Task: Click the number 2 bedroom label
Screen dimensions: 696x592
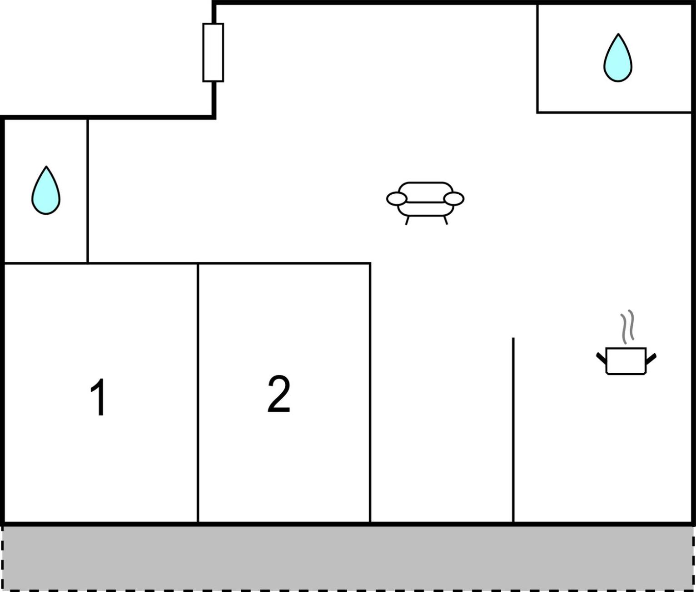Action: pyautogui.click(x=279, y=394)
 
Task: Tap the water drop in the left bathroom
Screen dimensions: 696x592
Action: pyautogui.click(x=46, y=190)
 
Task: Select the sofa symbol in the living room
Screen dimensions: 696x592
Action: pyautogui.click(x=426, y=203)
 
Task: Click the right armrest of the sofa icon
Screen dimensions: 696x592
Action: pyautogui.click(x=454, y=199)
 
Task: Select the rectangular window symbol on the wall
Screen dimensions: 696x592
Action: pyautogui.click(x=213, y=52)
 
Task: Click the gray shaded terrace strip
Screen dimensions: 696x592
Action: pyautogui.click(x=348, y=557)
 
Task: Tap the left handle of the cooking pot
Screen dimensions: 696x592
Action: pyautogui.click(x=602, y=358)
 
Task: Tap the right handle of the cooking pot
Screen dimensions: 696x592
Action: pyautogui.click(x=651, y=359)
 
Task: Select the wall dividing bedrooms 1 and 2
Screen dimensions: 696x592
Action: pyautogui.click(x=198, y=393)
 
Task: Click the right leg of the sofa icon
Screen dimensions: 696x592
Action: pyautogui.click(x=446, y=220)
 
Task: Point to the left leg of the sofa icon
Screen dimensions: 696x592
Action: pyautogui.click(x=407, y=220)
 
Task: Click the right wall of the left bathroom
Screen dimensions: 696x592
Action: pyautogui.click(x=88, y=191)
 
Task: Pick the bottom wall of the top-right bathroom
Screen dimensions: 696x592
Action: pyautogui.click(x=614, y=113)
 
